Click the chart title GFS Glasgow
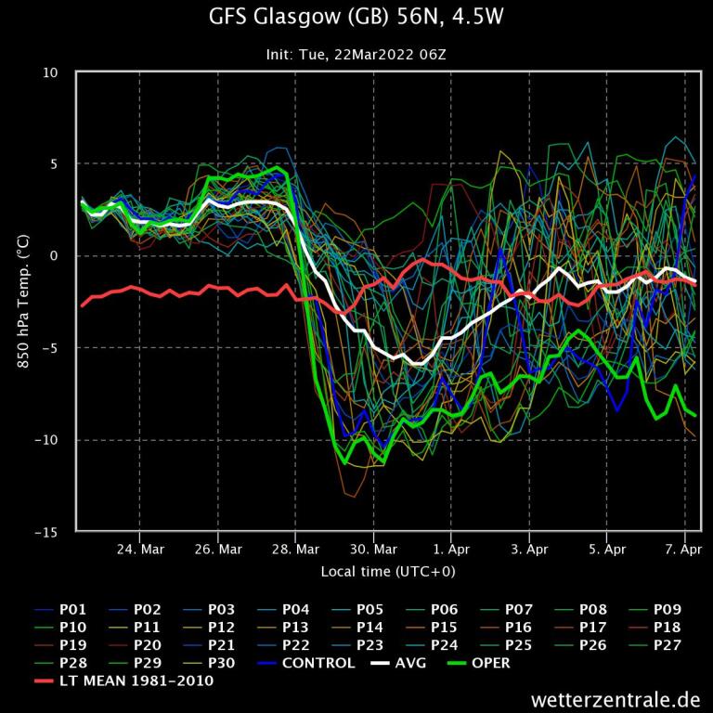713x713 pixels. [356, 18]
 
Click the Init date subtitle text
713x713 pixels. [356, 55]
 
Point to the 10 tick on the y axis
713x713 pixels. [51, 72]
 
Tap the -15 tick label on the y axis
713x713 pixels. [45, 532]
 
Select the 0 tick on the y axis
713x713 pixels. [54, 256]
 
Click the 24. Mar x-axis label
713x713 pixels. [140, 550]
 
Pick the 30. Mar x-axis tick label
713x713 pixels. [373, 550]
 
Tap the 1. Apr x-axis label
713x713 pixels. [451, 550]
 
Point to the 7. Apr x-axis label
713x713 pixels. [684, 550]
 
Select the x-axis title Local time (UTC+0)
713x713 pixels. [388, 571]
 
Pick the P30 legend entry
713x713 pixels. [221, 663]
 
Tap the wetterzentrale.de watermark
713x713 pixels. [616, 698]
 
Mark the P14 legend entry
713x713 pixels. [369, 628]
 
